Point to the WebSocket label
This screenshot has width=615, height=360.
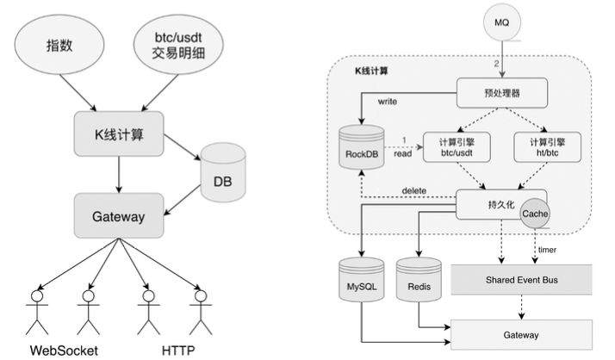(x=64, y=350)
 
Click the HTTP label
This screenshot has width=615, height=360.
(x=177, y=350)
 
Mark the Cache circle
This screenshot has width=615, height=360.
(x=535, y=211)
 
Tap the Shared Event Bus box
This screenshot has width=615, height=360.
(x=522, y=279)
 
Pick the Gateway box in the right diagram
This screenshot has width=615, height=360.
(x=522, y=334)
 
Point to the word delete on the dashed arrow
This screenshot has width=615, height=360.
(x=415, y=190)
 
